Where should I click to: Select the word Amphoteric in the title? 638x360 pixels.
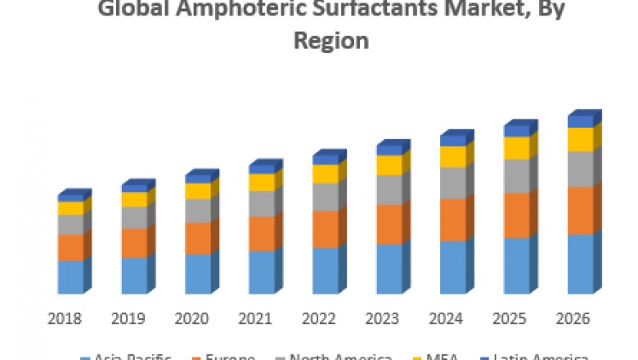coord(232,11)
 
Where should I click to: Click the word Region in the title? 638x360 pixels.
coord(330,40)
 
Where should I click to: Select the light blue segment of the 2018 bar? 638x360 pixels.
coord(70,277)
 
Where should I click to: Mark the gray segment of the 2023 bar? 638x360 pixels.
coord(389,190)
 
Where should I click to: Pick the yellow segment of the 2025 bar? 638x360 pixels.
coord(516,148)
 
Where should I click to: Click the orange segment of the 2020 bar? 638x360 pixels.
coord(197,238)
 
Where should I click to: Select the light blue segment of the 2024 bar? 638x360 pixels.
coord(452,267)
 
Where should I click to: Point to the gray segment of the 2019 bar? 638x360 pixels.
coord(134,218)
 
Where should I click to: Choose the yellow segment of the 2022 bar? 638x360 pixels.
coord(325,174)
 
